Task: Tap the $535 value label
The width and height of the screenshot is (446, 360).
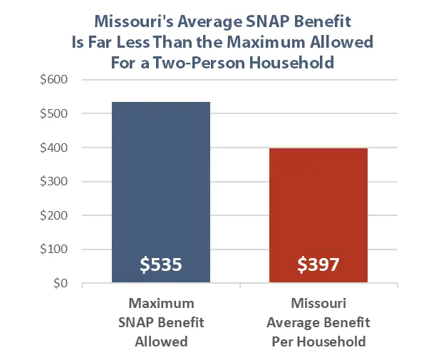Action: pyautogui.click(x=161, y=265)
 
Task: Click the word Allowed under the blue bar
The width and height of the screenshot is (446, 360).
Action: pyautogui.click(x=161, y=341)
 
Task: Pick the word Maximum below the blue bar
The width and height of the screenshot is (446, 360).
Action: pyautogui.click(x=161, y=304)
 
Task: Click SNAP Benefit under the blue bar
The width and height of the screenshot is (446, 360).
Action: pyautogui.click(x=161, y=323)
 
